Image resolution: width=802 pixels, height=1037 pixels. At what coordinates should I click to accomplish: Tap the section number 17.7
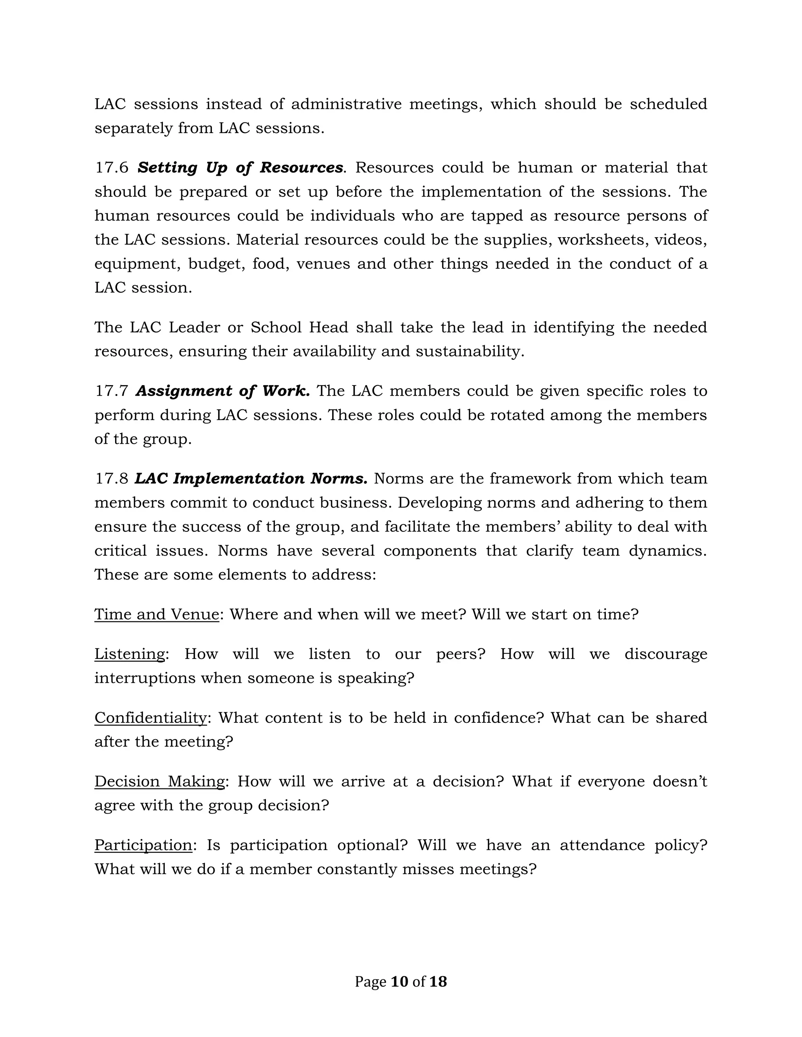click(112, 391)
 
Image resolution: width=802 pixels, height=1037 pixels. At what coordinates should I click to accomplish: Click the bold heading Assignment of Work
click(222, 391)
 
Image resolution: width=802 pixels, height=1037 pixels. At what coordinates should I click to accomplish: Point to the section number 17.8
click(112, 478)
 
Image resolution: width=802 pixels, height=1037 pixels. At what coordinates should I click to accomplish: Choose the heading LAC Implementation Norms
click(251, 478)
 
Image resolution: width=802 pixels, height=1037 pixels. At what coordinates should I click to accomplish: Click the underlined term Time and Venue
click(156, 614)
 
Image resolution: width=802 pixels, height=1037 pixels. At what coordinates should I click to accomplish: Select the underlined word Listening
click(129, 654)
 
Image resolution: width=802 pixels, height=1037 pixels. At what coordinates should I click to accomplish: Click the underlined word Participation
click(143, 845)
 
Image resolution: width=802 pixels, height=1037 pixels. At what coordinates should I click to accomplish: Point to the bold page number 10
click(399, 981)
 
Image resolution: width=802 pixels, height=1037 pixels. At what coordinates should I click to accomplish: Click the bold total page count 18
click(437, 981)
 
